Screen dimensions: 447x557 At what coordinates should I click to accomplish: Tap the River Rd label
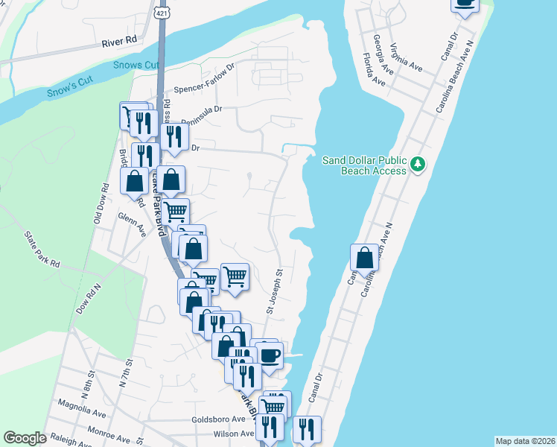tap(121, 41)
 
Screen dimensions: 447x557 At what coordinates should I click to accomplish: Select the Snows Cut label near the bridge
tap(137, 65)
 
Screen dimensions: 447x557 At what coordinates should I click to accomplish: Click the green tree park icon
tap(418, 163)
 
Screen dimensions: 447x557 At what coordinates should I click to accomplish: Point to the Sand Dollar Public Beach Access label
tap(364, 165)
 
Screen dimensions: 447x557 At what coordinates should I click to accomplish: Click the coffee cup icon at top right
tap(465, 4)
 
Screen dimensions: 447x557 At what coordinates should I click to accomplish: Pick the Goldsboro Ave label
tap(218, 419)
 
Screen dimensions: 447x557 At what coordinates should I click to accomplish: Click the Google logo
tap(25, 438)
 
